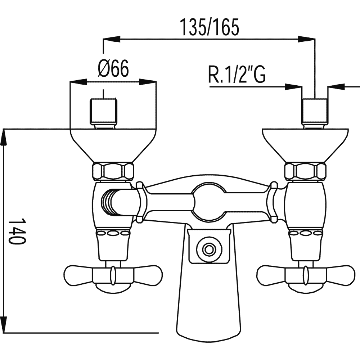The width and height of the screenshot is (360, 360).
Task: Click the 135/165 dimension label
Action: tap(209, 27)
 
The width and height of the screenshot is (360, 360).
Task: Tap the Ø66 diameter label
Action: tap(113, 68)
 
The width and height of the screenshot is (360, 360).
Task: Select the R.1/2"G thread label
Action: tap(237, 74)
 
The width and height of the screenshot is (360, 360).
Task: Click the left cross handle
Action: tap(113, 275)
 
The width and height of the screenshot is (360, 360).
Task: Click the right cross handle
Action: tap(306, 275)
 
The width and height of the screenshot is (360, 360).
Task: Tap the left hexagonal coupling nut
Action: tap(113, 171)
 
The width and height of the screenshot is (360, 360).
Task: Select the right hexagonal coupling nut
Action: tap(306, 171)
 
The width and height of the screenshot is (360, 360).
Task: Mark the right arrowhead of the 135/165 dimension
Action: tap(306, 39)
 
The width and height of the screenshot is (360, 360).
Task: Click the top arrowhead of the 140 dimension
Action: tap(4, 138)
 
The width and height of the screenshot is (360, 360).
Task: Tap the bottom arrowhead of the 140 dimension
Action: tap(4, 324)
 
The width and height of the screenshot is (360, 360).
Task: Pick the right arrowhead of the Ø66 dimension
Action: tap(148, 82)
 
